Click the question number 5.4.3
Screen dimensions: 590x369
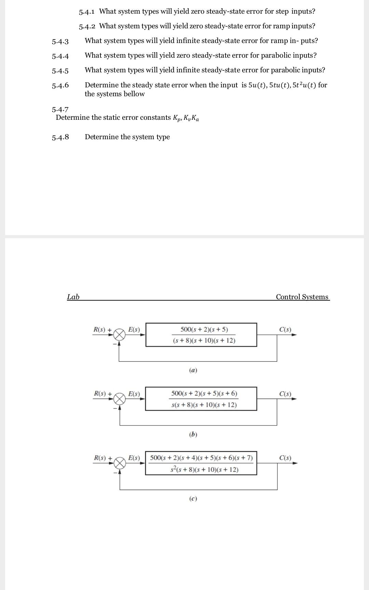60,42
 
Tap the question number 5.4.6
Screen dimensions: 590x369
60,85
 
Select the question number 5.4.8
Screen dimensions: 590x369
60,137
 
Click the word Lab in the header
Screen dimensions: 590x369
73,297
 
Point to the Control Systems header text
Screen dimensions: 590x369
302,297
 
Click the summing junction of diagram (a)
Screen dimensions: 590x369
119,335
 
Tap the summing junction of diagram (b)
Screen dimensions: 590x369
120,399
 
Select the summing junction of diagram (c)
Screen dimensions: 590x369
120,463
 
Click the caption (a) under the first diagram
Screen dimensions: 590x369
193,370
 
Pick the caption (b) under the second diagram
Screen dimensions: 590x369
193,434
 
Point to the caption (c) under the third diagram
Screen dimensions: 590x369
193,499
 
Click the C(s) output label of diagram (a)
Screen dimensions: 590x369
285,330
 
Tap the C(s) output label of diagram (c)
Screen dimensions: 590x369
285,458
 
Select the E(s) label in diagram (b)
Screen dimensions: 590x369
134,394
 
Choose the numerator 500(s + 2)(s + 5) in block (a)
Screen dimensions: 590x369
204,329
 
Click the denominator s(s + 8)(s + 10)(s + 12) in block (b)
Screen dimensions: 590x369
204,405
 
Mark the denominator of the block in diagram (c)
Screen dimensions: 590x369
204,470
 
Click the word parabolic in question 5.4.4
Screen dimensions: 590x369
277,55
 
